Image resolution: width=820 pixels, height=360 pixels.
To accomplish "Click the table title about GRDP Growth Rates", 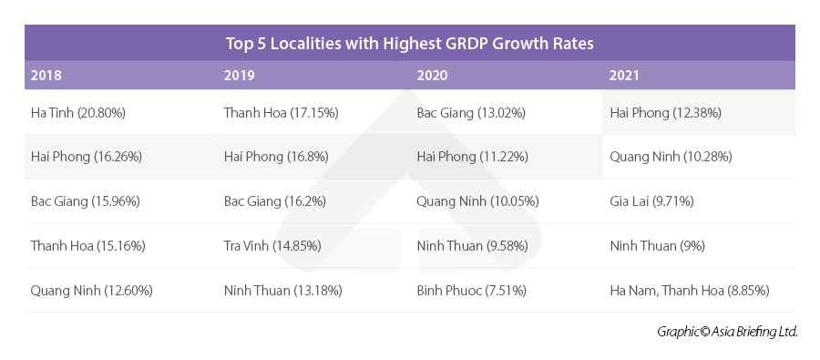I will point(410,43).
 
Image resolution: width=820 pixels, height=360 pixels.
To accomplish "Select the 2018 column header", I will point(46,76).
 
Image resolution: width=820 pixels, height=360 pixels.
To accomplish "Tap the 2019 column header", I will point(239,76).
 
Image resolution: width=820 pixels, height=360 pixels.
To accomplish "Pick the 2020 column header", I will point(432,76).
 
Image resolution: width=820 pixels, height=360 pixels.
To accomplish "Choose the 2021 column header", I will point(625,76).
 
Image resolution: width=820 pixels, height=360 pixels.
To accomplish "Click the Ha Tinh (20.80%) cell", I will point(77,113).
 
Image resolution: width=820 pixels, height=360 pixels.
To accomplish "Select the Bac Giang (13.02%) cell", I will point(471,113).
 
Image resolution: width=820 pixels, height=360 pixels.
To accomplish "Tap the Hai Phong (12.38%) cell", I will point(664,113).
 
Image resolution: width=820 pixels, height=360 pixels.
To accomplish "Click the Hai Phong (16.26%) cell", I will point(86,157).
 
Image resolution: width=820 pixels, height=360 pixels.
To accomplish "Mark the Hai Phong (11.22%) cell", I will point(472,157).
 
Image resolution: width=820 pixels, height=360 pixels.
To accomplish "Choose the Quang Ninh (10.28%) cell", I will point(671,157).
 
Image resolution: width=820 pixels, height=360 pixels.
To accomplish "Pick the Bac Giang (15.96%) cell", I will point(85,201).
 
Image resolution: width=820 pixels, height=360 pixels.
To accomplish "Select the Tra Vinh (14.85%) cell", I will point(272,246).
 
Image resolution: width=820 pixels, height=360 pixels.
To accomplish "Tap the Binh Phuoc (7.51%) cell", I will point(472,291).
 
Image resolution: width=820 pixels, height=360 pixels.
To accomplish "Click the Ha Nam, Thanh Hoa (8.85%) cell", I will point(690,291).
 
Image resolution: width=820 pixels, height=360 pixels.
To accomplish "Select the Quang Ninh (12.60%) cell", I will point(91,291).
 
